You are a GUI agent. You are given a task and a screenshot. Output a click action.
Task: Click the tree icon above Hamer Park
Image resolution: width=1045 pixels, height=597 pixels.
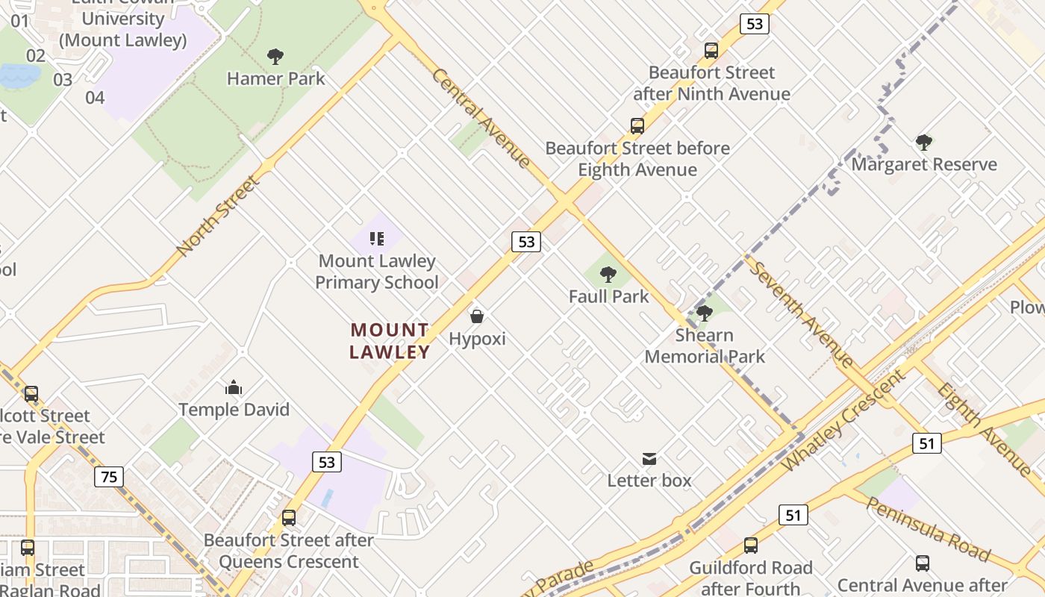275,56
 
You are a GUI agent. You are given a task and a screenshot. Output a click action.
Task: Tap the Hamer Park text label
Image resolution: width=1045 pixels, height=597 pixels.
275,78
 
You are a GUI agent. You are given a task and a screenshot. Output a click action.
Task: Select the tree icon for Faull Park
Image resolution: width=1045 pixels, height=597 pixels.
608,275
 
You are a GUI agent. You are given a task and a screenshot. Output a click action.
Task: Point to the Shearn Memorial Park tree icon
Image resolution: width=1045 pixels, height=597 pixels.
704,313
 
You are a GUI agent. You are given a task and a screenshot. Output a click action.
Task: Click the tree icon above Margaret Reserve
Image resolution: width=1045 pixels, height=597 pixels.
924,143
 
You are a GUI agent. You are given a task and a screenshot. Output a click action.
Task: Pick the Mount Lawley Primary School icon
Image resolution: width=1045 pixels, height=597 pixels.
377,239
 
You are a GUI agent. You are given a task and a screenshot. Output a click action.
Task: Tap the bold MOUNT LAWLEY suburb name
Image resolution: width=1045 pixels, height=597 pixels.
390,340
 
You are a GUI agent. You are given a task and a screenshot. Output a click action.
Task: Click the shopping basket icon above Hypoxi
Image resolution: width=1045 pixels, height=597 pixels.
477,316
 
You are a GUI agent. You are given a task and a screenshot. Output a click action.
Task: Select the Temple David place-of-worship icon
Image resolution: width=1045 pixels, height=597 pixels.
234,387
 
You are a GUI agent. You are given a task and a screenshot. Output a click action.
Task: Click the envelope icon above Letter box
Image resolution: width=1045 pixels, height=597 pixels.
649,458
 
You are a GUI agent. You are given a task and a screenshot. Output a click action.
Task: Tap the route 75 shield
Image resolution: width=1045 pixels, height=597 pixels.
109,476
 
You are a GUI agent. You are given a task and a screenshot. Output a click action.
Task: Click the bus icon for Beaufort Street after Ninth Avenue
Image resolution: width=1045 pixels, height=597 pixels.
711,51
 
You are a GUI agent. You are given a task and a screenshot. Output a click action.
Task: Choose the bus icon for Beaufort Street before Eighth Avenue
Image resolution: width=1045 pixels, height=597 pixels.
637,126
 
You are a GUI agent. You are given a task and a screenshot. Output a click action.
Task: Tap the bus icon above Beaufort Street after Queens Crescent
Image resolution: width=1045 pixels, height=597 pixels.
289,517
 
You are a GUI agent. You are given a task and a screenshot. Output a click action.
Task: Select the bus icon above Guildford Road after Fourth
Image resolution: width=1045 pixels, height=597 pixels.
751,546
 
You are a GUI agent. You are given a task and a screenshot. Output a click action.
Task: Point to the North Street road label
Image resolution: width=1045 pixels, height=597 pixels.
218,216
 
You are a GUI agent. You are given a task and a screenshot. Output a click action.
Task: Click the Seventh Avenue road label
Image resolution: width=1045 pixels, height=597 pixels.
801,313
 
